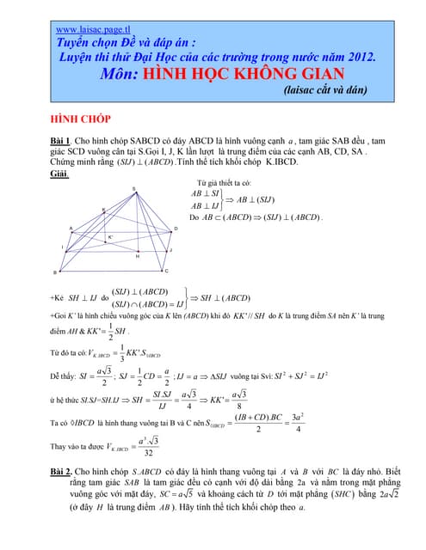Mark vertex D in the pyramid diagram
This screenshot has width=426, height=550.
(x=175, y=229)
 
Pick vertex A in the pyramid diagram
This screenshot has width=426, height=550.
(x=71, y=229)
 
